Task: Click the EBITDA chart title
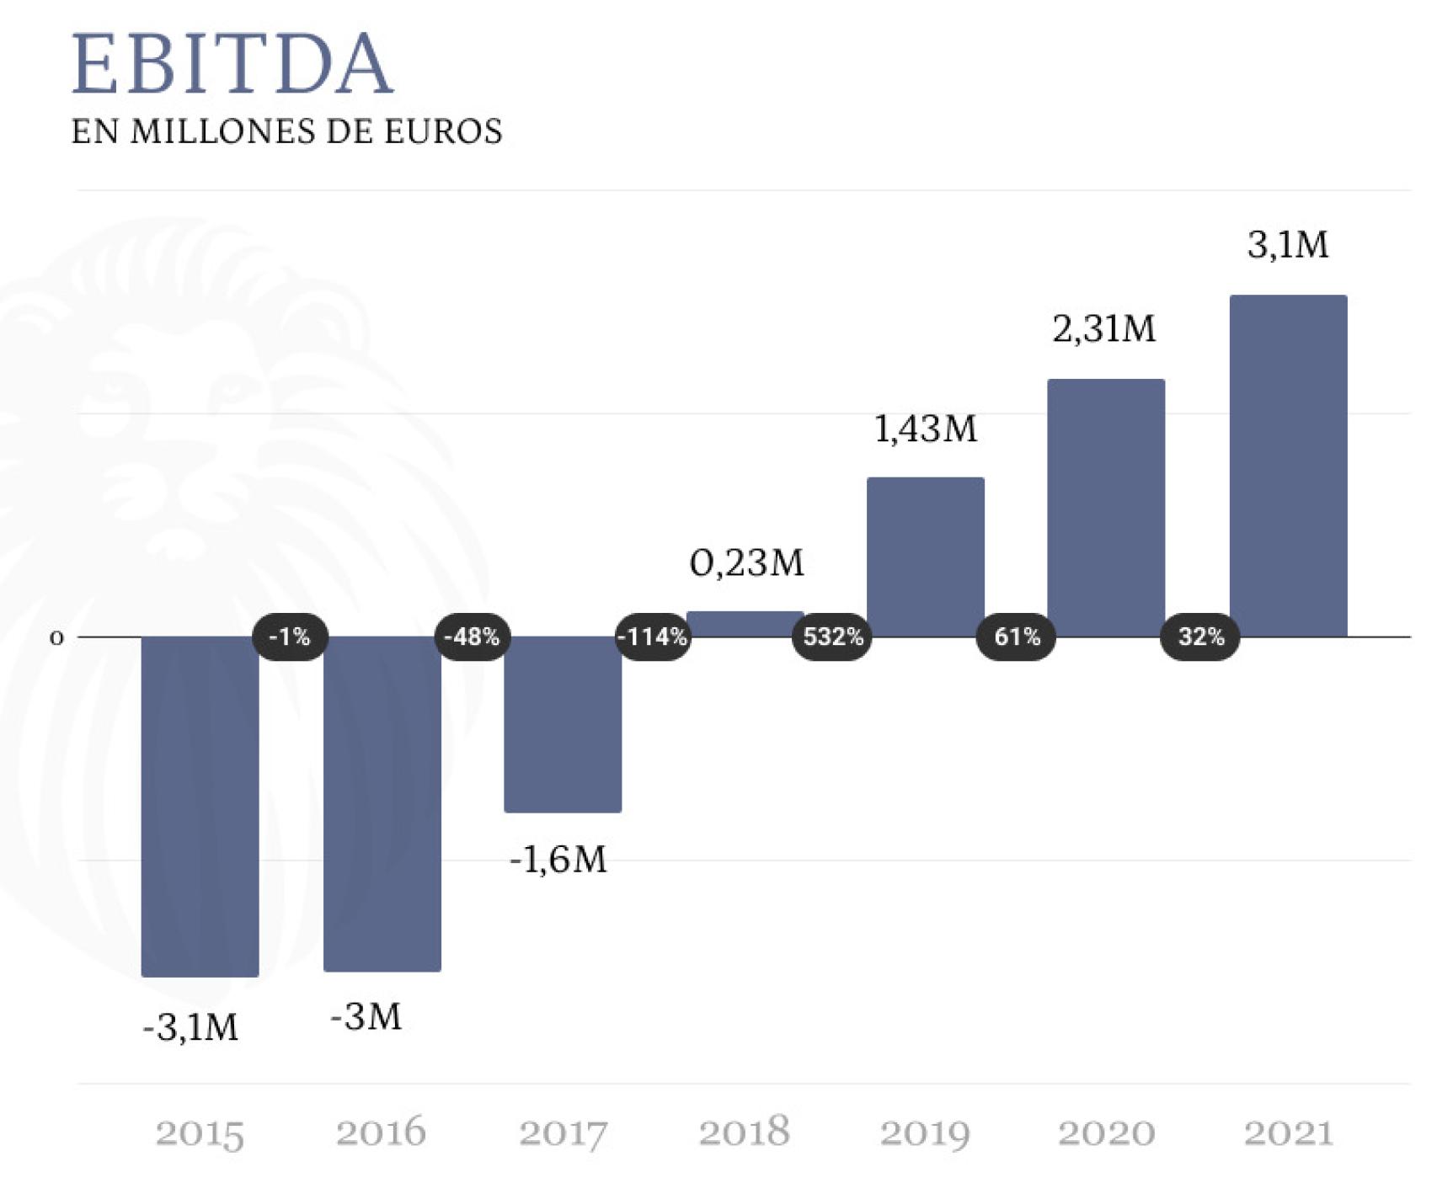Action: click(232, 64)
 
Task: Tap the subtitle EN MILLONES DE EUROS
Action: click(286, 132)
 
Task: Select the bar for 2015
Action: click(200, 806)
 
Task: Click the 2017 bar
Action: click(563, 724)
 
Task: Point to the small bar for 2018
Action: click(745, 624)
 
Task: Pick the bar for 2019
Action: click(925, 557)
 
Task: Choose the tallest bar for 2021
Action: click(1288, 466)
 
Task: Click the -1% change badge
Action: click(289, 637)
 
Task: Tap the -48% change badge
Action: click(472, 637)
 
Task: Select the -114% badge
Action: click(653, 637)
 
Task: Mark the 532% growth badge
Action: click(833, 637)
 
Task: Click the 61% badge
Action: click(1016, 637)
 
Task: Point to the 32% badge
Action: click(1200, 637)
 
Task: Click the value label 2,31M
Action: click(1104, 329)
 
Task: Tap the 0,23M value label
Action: click(747, 563)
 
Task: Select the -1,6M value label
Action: click(558, 861)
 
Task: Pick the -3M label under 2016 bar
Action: click(366, 1017)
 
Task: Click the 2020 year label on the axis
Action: click(1106, 1133)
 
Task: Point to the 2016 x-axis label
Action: click(381, 1133)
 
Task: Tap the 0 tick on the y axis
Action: click(56, 638)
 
